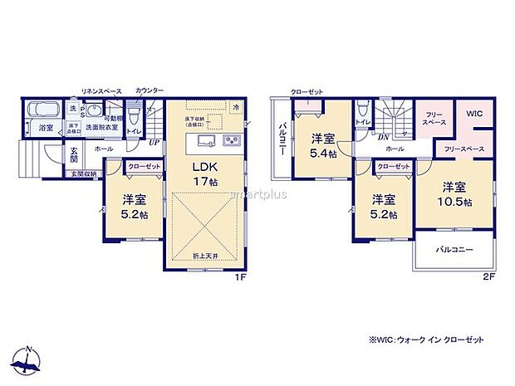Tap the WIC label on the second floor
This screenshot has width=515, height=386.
(473, 114)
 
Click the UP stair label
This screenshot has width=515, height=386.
(154, 142)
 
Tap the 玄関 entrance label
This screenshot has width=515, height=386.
(73, 154)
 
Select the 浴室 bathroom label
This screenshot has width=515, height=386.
(46, 128)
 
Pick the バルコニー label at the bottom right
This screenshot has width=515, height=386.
(454, 249)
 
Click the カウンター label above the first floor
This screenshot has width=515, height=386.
(149, 90)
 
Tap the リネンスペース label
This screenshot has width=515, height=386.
(101, 90)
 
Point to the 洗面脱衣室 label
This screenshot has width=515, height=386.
(101, 128)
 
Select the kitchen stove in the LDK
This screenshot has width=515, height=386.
(232, 139)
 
